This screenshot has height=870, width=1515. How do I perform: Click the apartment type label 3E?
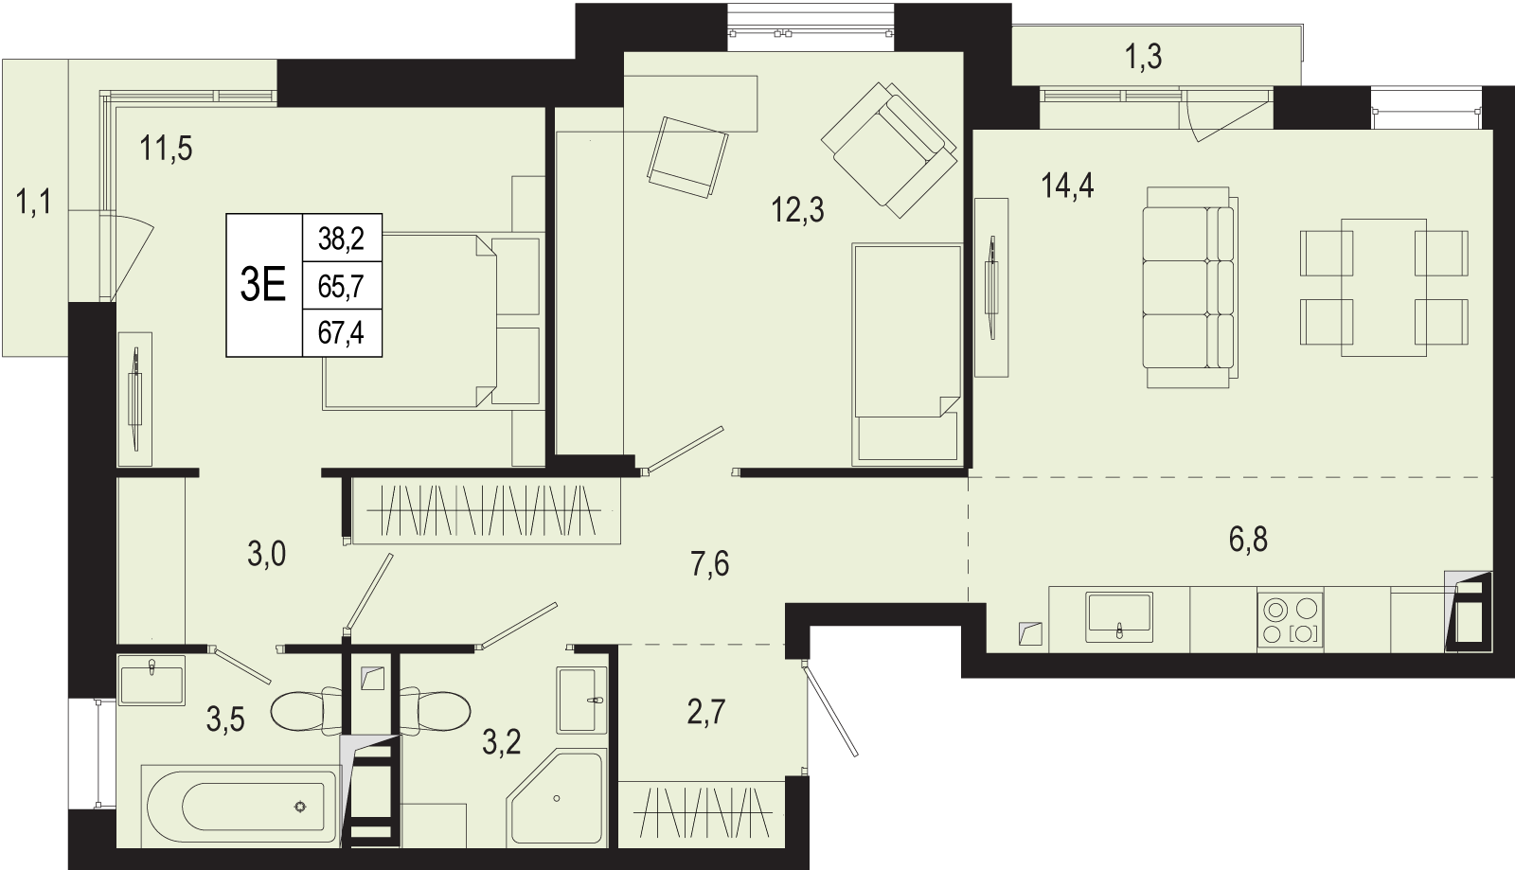coord(263,285)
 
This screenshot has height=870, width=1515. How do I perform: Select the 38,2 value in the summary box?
coord(342,239)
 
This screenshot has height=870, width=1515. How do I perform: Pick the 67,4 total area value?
coord(342,332)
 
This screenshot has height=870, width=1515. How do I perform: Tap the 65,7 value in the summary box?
coord(342,287)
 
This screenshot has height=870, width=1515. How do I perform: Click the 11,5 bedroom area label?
coord(166,149)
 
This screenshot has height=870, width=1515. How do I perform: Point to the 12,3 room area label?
coord(798,210)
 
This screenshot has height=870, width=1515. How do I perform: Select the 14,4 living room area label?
coord(1068,186)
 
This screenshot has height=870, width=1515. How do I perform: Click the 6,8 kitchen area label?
coord(1248,541)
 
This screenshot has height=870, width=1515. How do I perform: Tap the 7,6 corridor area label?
coord(710,564)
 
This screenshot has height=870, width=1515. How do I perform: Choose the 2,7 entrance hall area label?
coord(706,712)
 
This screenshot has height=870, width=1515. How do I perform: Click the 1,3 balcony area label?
coord(1144,57)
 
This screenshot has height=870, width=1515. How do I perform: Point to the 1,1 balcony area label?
coord(33,203)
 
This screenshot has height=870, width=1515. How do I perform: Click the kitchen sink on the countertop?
coord(1119,616)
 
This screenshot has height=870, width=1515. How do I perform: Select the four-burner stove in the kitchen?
coord(1291,621)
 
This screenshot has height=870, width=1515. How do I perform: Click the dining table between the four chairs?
coord(1383,287)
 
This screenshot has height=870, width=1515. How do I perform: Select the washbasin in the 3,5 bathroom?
coord(151,680)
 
